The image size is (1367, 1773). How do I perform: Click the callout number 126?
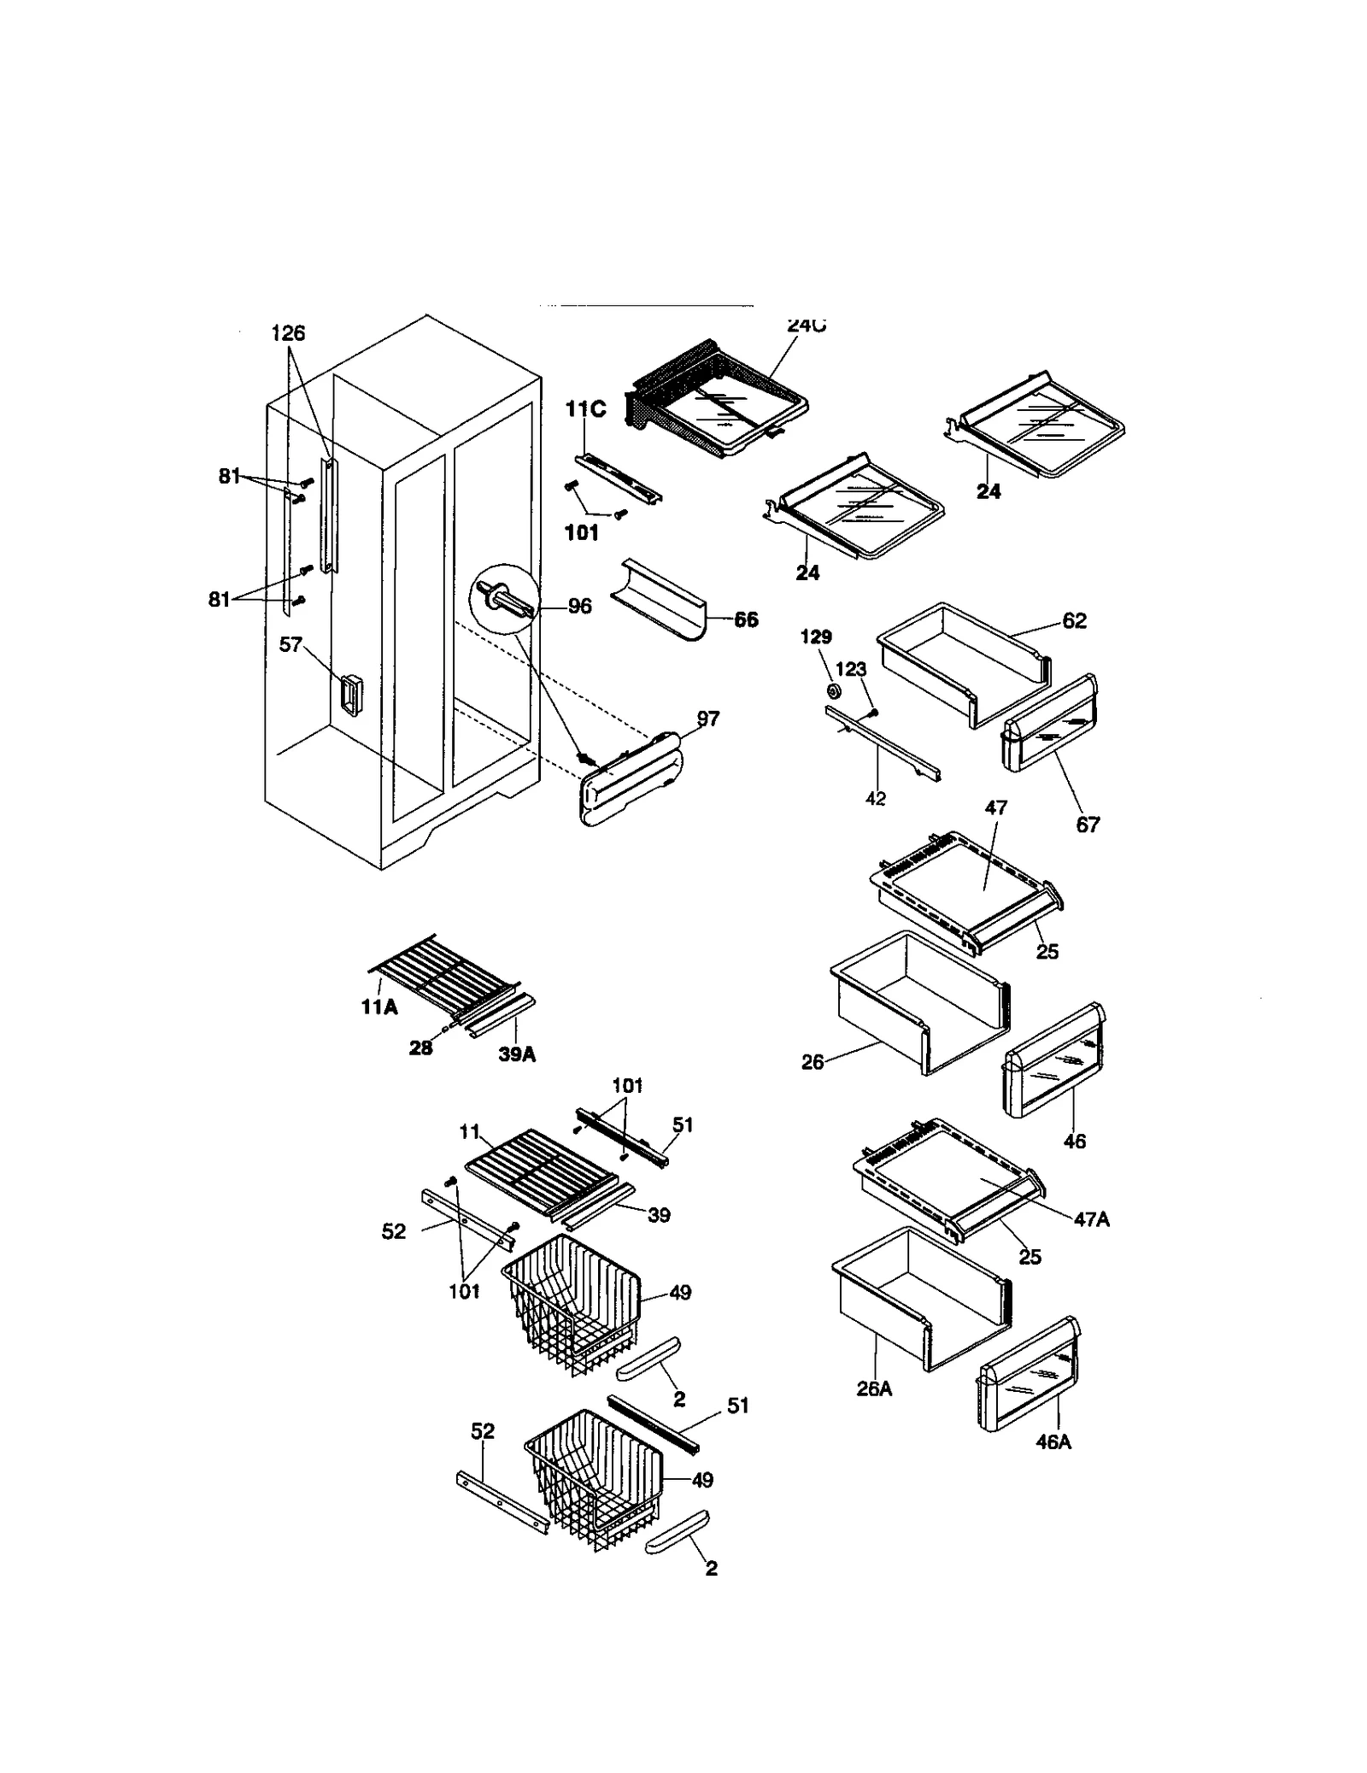click(288, 333)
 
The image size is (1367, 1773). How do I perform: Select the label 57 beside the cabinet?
click(290, 644)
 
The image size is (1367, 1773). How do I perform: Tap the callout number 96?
click(579, 607)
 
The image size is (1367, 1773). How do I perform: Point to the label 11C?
click(585, 409)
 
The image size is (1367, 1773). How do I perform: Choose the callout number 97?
click(707, 719)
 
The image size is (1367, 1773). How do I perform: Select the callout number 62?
click(1074, 621)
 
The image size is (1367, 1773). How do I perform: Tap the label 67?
click(1088, 825)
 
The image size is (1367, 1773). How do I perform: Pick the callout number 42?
click(876, 798)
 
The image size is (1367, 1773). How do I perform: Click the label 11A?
click(379, 1007)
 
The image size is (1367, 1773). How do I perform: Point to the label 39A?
click(517, 1054)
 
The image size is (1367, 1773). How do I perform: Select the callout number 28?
click(420, 1048)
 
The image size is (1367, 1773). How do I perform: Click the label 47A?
click(1091, 1220)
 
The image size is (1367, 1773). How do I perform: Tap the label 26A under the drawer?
click(874, 1389)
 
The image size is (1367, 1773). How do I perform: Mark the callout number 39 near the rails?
click(659, 1215)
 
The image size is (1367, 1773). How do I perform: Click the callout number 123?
click(850, 672)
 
